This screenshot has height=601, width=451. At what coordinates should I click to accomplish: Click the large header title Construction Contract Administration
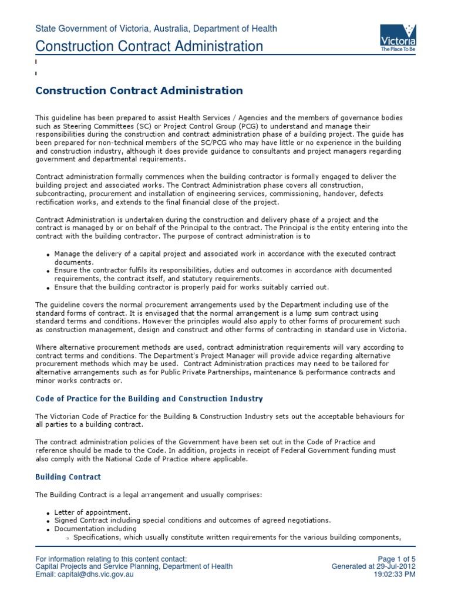(x=149, y=46)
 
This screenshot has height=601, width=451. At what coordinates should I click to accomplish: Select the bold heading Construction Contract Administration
(x=139, y=90)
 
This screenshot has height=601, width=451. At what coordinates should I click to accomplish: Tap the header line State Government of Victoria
(x=156, y=28)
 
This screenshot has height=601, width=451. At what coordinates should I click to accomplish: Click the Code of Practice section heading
(x=149, y=399)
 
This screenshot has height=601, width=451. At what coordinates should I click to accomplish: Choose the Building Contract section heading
(x=68, y=477)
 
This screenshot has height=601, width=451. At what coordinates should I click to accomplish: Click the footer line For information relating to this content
(x=111, y=558)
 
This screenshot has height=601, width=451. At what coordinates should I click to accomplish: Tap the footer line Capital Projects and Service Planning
(x=134, y=566)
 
